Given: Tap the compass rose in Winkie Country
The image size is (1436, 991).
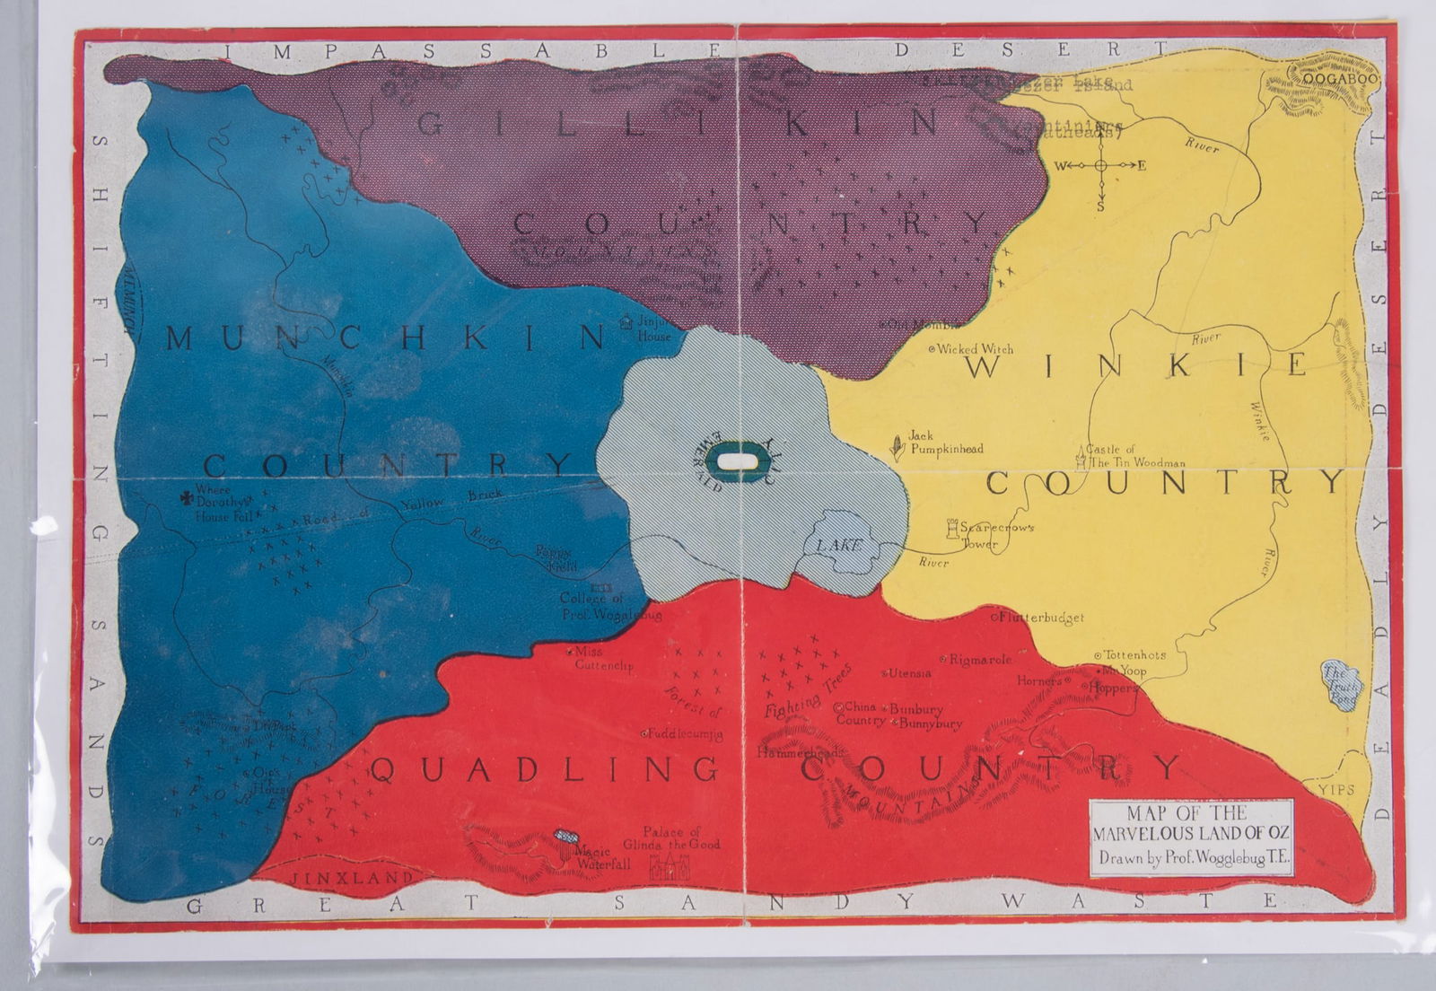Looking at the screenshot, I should (1100, 166).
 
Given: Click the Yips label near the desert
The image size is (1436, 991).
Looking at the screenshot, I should (1336, 789).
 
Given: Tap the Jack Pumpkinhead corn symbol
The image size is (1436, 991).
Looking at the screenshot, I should (896, 446).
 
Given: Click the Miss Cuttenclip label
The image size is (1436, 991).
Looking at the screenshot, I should (603, 659).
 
